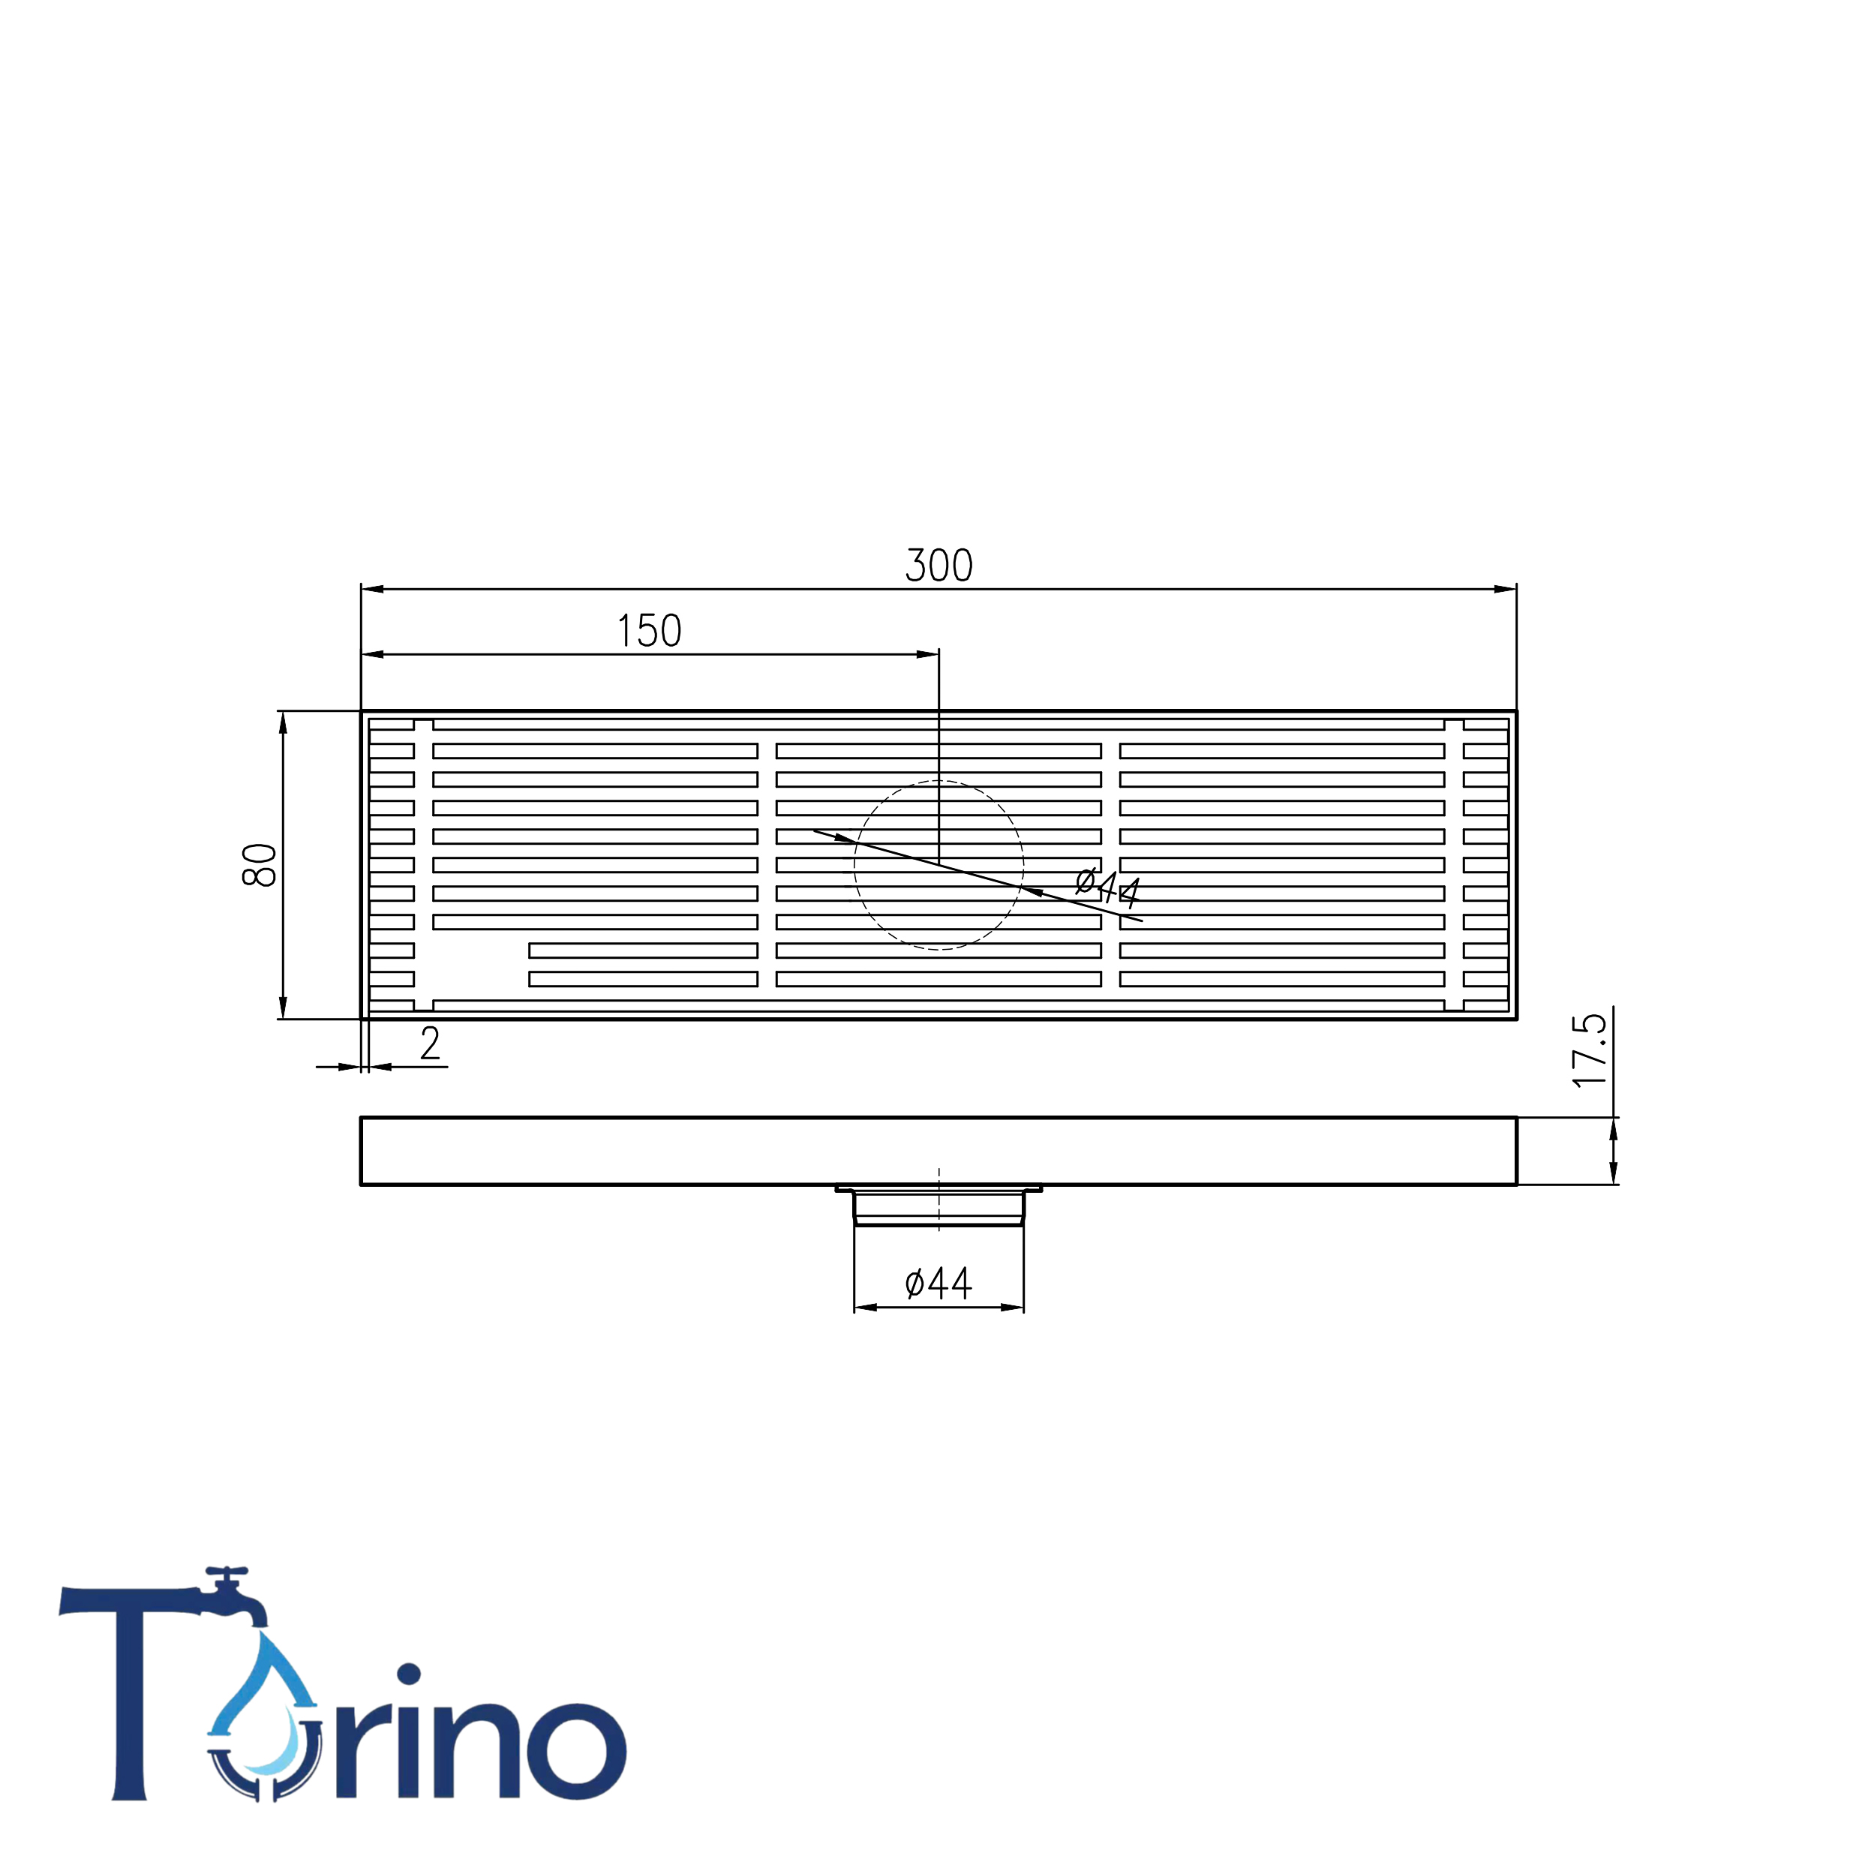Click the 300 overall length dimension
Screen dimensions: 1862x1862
click(939, 566)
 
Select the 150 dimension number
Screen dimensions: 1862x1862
click(650, 631)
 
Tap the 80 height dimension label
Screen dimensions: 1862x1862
click(260, 864)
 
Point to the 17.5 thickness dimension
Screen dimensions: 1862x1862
click(1589, 1050)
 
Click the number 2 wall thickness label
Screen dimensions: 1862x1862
click(430, 1043)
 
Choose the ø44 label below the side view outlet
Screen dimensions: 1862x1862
click(939, 1283)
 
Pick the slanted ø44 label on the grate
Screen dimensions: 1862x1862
click(1108, 887)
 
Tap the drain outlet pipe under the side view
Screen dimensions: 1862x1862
click(939, 1206)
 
